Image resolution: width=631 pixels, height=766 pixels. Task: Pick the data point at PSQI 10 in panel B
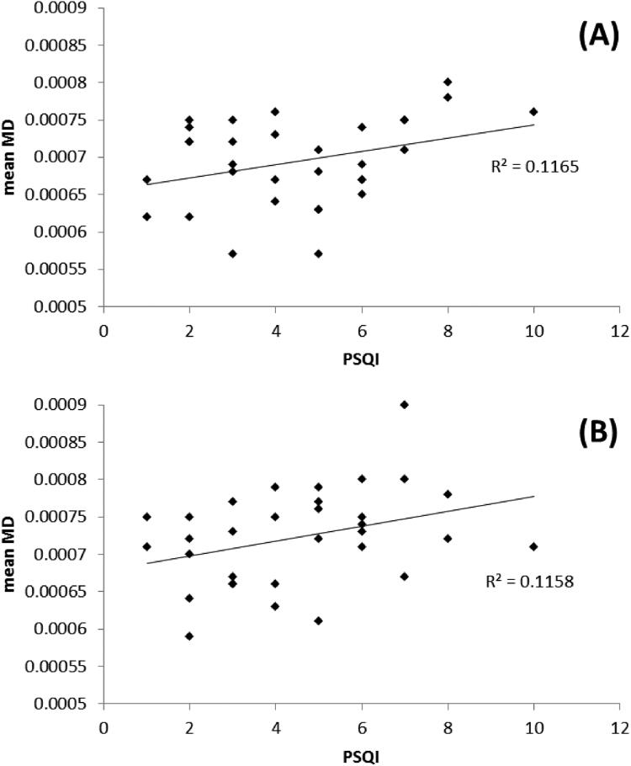(533, 546)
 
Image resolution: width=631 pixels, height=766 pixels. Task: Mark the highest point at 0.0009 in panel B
(404, 405)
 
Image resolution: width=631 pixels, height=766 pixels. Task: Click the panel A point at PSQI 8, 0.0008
(448, 82)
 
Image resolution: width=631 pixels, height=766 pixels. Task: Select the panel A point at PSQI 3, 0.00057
(233, 253)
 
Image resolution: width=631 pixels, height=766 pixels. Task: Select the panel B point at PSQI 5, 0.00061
(318, 620)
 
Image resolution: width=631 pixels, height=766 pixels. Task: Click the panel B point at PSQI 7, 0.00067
(404, 576)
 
